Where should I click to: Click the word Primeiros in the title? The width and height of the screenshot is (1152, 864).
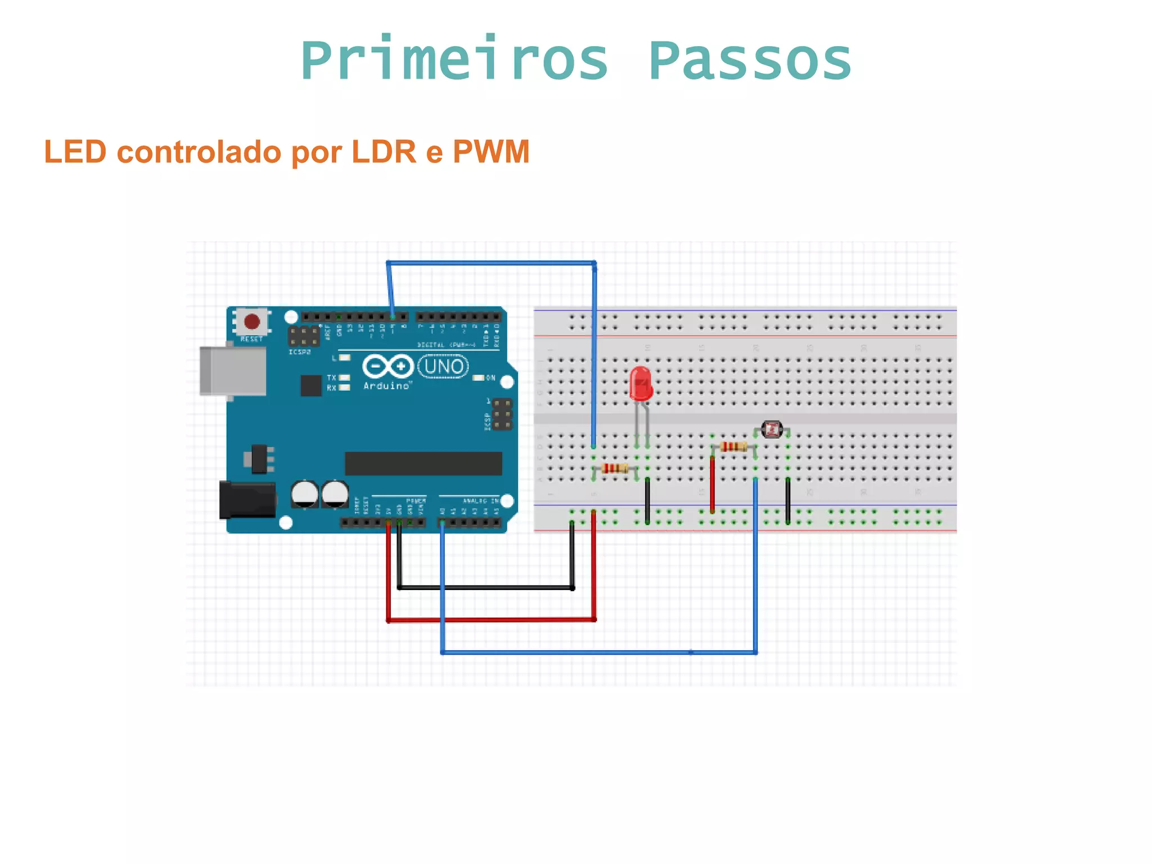pyautogui.click(x=454, y=61)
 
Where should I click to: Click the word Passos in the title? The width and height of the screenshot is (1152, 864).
pyautogui.click(x=750, y=61)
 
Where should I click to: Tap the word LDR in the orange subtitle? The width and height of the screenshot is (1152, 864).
pyautogui.click(x=384, y=152)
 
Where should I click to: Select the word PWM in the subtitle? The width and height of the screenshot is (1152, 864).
pyautogui.click(x=490, y=152)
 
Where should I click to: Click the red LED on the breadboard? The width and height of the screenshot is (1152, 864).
pyautogui.click(x=640, y=384)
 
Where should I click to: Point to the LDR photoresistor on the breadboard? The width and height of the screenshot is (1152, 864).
pyautogui.click(x=771, y=430)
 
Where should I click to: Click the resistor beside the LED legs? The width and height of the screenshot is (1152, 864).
pyautogui.click(x=614, y=468)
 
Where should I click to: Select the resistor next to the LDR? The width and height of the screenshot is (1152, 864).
pyautogui.click(x=733, y=447)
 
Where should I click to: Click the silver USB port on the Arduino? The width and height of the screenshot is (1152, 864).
pyautogui.click(x=233, y=371)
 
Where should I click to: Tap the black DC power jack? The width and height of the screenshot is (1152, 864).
pyautogui.click(x=247, y=499)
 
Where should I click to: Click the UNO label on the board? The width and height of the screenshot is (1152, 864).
pyautogui.click(x=444, y=367)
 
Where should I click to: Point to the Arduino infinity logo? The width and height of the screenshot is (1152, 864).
pyautogui.click(x=388, y=367)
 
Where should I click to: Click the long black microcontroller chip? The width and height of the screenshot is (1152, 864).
pyautogui.click(x=423, y=463)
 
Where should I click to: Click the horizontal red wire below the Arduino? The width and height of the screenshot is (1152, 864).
pyautogui.click(x=490, y=620)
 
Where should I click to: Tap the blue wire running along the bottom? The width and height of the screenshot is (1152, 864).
pyautogui.click(x=598, y=652)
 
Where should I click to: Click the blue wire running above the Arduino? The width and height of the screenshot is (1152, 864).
pyautogui.click(x=490, y=263)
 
